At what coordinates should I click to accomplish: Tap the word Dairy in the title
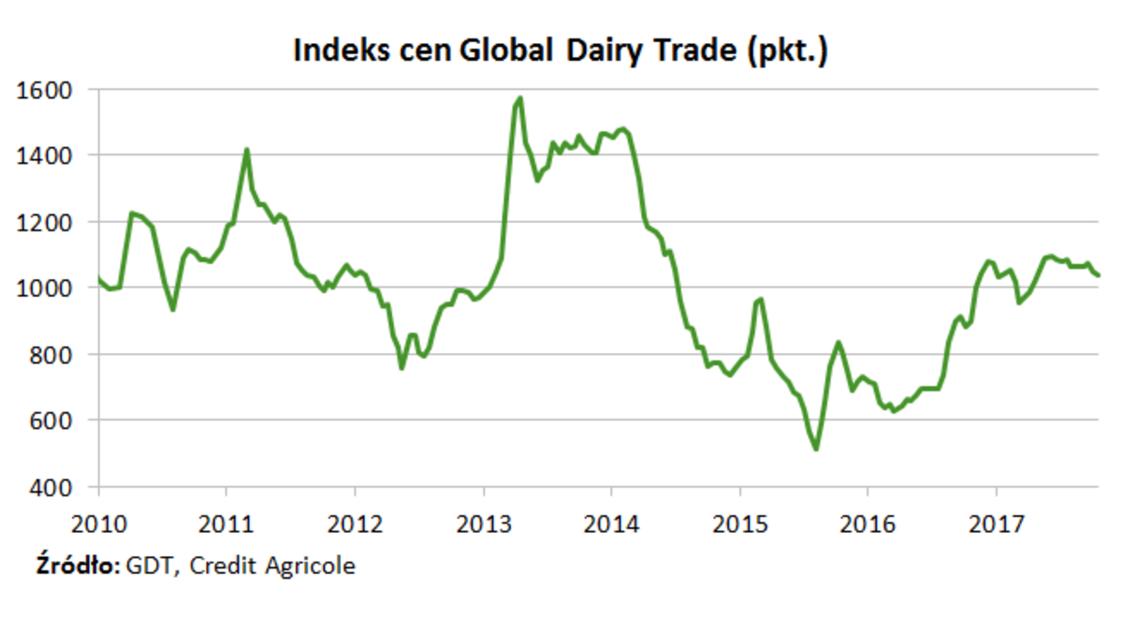click(x=607, y=51)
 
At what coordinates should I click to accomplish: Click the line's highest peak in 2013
click(x=520, y=97)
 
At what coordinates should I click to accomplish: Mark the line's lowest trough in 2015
click(x=816, y=449)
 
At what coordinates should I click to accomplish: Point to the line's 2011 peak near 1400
click(x=247, y=150)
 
